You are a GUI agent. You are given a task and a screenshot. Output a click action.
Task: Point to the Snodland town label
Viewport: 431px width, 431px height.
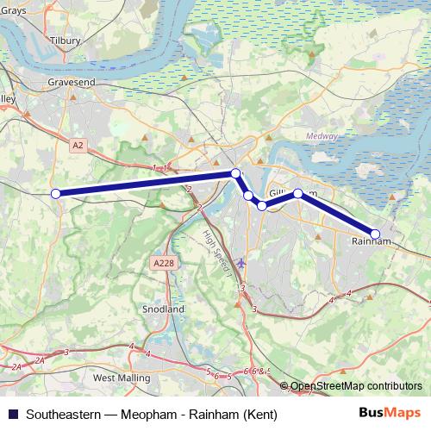click(163, 309)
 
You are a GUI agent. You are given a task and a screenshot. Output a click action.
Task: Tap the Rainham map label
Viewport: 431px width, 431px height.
click(372, 242)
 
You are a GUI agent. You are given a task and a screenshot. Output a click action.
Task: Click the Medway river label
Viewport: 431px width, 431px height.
click(322, 135)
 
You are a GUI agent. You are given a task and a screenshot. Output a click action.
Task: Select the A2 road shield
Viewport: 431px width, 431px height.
click(78, 146)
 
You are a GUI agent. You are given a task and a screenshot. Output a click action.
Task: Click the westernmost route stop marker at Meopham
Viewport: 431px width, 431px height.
click(56, 194)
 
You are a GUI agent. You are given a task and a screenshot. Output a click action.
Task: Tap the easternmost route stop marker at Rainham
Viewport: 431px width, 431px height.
click(375, 234)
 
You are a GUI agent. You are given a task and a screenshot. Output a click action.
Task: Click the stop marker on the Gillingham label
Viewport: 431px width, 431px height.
click(298, 194)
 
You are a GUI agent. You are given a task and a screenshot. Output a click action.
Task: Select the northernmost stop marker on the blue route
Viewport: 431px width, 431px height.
click(235, 173)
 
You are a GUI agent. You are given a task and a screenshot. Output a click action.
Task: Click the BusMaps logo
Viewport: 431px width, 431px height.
click(390, 414)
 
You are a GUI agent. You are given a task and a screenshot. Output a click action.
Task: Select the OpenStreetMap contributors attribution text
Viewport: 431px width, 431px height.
click(356, 386)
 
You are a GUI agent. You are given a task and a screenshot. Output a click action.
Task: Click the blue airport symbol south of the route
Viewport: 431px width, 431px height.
click(240, 263)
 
